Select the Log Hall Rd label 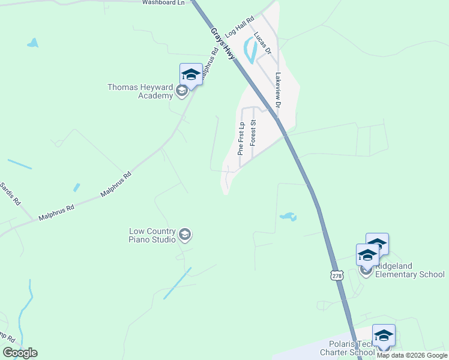tap(240, 28)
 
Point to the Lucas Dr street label tap(263, 44)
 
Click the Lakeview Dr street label tap(277, 91)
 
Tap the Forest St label tap(253, 133)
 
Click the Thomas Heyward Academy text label tap(139, 91)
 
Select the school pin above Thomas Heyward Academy tap(191, 74)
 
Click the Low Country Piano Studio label tap(152, 235)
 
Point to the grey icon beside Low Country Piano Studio tap(185, 235)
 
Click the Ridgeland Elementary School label tap(409, 270)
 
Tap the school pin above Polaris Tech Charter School tap(384, 335)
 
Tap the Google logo tap(20, 353)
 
